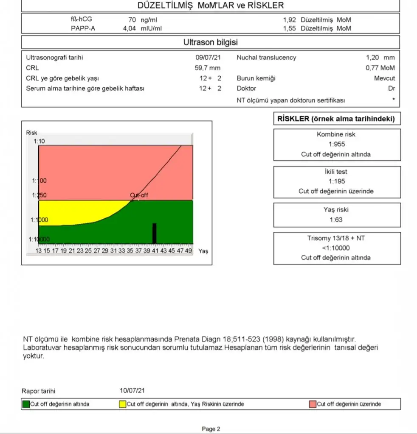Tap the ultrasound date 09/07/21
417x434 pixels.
coord(208,57)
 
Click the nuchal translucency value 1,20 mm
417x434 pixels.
coord(380,57)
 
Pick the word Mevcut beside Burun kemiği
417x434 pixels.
coord(384,78)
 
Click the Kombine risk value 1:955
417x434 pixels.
coord(336,144)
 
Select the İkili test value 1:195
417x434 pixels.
coord(336,181)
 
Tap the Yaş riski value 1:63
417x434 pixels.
coord(336,220)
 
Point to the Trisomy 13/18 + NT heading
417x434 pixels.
coord(336,238)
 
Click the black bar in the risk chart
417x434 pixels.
coord(155,233)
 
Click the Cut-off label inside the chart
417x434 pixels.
coord(139,195)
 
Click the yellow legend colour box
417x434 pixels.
coord(123,404)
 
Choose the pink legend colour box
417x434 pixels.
coord(313,404)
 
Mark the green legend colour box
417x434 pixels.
coord(26,404)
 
